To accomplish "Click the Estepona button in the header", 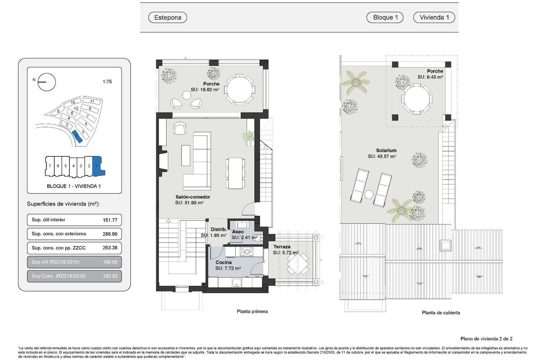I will (167, 18).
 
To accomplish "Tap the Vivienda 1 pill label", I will (434, 18).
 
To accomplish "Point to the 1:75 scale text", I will (108, 82).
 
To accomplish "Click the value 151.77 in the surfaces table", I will (110, 220).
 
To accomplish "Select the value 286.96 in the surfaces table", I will (110, 234).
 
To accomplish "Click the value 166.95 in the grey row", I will (110, 261).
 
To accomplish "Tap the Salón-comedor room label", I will (193, 197).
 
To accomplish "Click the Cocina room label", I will (224, 262).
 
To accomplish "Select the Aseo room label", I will (238, 232).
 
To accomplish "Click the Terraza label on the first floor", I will (281, 247).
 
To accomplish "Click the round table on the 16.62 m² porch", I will (239, 90).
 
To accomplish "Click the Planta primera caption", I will (252, 311).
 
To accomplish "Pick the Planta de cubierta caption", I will (441, 313).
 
